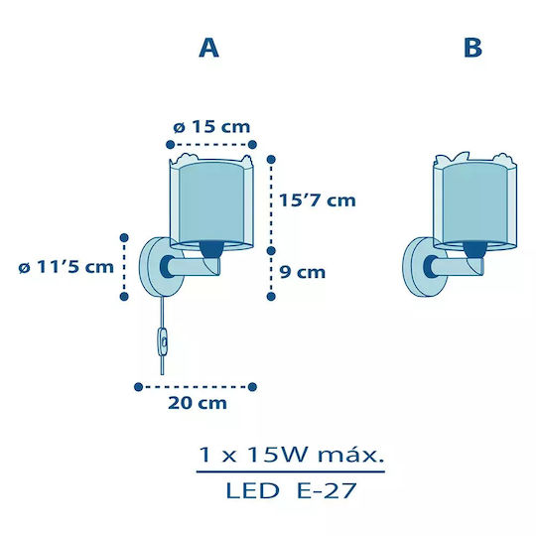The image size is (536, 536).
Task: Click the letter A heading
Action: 208,48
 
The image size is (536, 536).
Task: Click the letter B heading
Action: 473,48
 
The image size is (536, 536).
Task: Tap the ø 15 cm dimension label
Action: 211,127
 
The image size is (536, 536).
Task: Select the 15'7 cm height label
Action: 318,200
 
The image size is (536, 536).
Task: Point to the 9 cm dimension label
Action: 303,272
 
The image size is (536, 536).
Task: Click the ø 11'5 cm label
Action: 66,267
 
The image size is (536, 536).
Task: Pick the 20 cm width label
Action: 198,403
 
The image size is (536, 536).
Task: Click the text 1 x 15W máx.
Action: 291,456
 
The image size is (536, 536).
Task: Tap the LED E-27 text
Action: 291,491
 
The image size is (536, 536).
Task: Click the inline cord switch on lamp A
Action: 163,341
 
